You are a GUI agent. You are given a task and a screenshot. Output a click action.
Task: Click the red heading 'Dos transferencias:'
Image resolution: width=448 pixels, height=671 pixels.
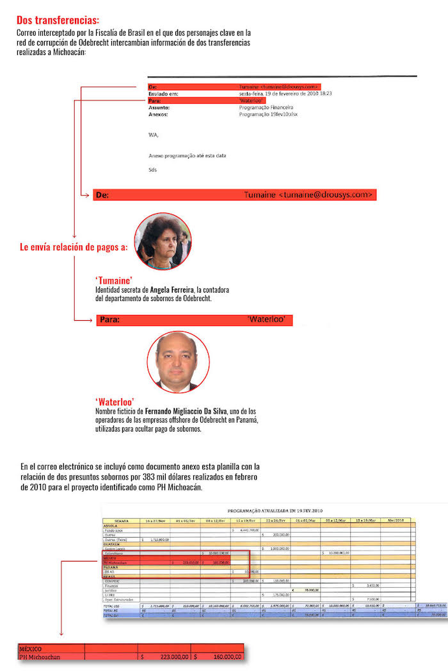[58, 20]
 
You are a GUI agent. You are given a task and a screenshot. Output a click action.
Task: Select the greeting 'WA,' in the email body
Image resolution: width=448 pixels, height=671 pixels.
[153, 134]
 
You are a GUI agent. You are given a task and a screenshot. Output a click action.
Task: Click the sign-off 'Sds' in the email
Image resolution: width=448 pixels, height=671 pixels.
[152, 170]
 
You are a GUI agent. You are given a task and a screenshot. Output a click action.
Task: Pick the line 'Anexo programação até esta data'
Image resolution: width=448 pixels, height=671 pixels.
[187, 156]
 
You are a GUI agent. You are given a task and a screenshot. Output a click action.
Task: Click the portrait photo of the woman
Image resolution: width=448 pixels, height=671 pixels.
[163, 241]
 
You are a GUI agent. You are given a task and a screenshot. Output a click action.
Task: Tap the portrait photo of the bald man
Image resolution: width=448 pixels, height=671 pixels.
[178, 362]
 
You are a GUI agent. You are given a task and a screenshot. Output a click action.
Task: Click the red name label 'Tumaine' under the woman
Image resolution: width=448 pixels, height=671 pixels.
[114, 280]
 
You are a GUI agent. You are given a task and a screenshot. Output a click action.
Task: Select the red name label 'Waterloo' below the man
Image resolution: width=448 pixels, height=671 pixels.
[115, 401]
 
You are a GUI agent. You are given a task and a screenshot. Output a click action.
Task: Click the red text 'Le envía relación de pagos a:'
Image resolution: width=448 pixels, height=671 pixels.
[74, 247]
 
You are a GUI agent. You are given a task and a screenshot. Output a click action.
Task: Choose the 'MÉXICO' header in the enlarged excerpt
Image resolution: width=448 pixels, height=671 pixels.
[31, 649]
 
